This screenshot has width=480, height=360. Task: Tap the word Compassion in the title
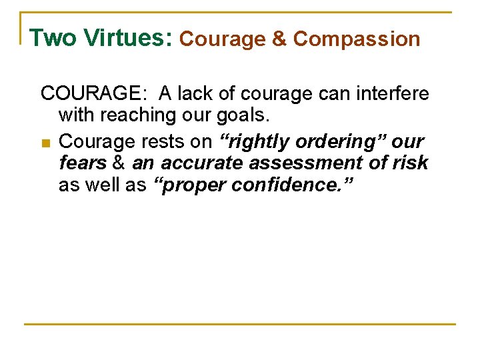(x=357, y=39)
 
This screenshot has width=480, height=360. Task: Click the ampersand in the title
(x=279, y=39)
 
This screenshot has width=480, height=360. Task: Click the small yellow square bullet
(x=45, y=143)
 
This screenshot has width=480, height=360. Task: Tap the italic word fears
(x=83, y=163)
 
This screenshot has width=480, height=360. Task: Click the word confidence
(x=286, y=185)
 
